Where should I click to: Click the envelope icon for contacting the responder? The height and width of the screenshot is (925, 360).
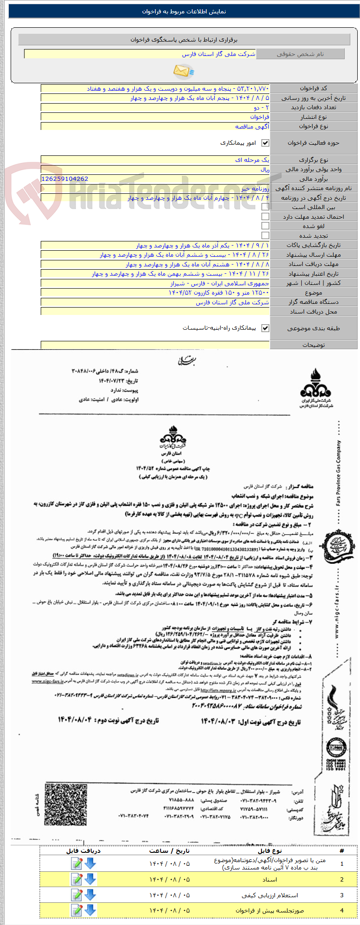183,71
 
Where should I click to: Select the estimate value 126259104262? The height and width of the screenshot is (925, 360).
65,179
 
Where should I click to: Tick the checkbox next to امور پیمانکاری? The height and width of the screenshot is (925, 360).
265,143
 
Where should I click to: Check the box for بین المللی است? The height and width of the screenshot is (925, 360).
265,207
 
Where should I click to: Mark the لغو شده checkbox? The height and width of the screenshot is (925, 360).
265,226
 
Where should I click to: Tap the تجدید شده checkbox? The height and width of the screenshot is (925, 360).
265,236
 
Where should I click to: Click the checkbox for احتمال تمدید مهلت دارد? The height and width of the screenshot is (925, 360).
265,216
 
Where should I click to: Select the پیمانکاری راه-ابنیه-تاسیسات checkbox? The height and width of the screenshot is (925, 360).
265,328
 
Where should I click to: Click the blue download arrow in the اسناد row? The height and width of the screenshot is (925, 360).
90,879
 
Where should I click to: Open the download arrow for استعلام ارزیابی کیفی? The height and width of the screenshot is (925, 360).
90,894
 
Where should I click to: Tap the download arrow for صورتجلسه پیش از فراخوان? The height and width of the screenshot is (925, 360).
90,910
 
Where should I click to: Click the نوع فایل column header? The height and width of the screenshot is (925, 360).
270,851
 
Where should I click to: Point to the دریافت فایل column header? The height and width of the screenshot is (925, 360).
83,851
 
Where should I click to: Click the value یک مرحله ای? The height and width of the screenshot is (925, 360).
252,160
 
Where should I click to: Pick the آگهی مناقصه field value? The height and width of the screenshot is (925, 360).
252,127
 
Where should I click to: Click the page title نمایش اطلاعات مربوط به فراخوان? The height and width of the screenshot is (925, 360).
184,12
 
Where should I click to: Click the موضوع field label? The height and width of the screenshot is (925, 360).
313,293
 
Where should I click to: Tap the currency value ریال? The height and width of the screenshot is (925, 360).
264,170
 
